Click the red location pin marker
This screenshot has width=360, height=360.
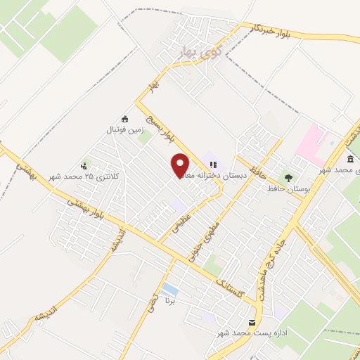pyautogui.click(x=181, y=165)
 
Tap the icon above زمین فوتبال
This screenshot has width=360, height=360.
pyautogui.click(x=125, y=119)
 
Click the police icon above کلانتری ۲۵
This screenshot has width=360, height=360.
pyautogui.click(x=84, y=166)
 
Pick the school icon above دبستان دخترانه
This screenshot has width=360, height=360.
pyautogui.click(x=212, y=165)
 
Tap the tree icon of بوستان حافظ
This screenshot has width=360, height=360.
pyautogui.click(x=288, y=176)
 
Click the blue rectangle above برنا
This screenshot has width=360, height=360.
pyautogui.click(x=169, y=289)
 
